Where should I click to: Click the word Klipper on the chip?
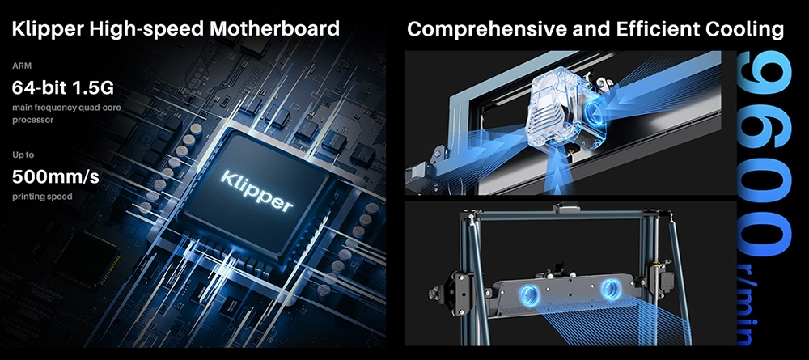coord(257,191)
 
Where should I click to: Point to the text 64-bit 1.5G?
coord(62,87)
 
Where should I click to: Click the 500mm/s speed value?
coord(55,177)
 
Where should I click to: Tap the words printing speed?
coord(42,197)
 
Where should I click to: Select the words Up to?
coord(23,155)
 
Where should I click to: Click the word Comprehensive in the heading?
coord(486,29)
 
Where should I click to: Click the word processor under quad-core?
coord(32,121)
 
